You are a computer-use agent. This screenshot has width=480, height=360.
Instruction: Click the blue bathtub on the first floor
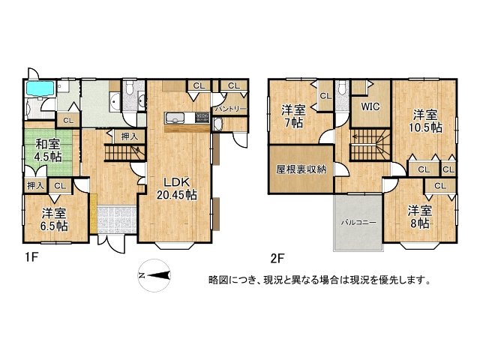click(x=39, y=89)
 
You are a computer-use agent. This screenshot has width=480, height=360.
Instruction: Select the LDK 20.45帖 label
click(x=177, y=188)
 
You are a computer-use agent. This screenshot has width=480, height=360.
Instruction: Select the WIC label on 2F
click(x=370, y=107)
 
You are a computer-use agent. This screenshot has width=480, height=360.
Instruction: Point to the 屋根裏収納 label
click(x=301, y=169)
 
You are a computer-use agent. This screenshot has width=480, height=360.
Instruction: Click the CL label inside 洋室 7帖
click(x=325, y=96)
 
